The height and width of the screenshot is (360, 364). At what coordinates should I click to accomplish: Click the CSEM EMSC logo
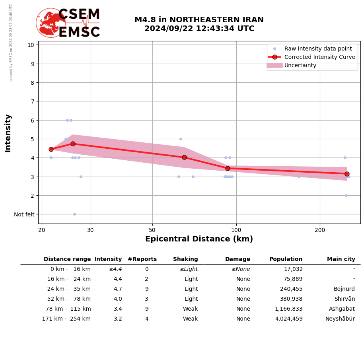68,23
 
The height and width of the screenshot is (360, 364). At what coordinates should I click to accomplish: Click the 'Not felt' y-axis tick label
24,214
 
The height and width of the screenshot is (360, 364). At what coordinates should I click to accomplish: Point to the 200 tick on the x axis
320,230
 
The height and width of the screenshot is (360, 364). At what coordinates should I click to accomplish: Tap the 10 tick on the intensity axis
31,45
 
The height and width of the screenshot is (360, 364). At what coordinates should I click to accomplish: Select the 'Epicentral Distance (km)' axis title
199,239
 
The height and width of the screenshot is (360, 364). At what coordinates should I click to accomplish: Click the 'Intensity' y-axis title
8,133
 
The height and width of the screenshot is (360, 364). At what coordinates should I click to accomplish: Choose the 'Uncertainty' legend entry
300,65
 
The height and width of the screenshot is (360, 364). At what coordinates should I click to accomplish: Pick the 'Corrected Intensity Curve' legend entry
319,57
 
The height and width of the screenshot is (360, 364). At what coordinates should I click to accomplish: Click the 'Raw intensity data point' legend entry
318,49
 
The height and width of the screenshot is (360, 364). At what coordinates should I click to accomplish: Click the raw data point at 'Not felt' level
74,214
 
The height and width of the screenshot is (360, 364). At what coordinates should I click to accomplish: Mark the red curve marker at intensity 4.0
184,157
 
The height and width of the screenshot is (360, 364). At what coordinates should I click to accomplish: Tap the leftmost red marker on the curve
51,149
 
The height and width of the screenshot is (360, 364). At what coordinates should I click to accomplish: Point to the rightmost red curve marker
347,174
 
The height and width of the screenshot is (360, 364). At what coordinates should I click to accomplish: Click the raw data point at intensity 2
346,195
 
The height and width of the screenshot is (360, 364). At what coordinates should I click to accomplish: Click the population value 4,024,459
289,319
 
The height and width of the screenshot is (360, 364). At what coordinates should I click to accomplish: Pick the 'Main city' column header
341,259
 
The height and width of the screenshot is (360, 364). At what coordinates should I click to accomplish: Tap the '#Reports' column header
142,259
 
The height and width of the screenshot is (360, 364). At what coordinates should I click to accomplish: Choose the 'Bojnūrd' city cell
344,289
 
